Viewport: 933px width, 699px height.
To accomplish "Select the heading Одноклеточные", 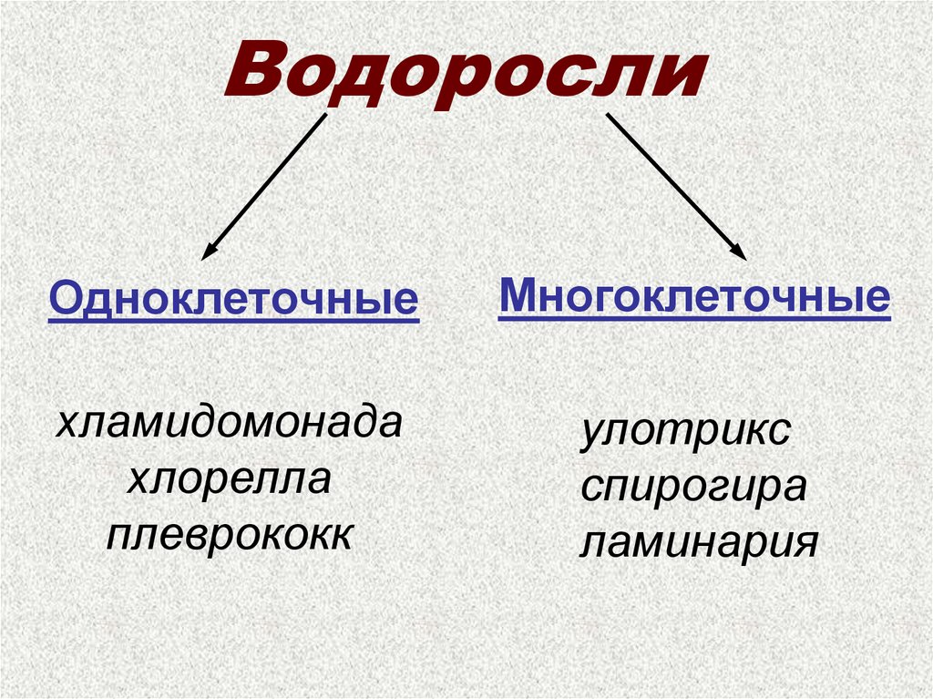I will (x=233, y=299).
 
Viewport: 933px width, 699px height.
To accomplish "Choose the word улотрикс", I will (x=686, y=431).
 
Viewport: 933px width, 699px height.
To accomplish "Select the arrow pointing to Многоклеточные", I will (x=675, y=187).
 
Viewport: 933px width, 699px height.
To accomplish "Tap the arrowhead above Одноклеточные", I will (x=209, y=250).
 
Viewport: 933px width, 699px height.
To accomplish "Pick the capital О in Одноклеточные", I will (x=63, y=299).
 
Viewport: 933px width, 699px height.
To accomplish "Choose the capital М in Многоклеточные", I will (x=517, y=295).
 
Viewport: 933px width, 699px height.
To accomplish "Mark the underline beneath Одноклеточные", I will (x=233, y=319).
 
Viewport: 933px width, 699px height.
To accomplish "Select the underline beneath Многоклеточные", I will (x=693, y=317).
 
